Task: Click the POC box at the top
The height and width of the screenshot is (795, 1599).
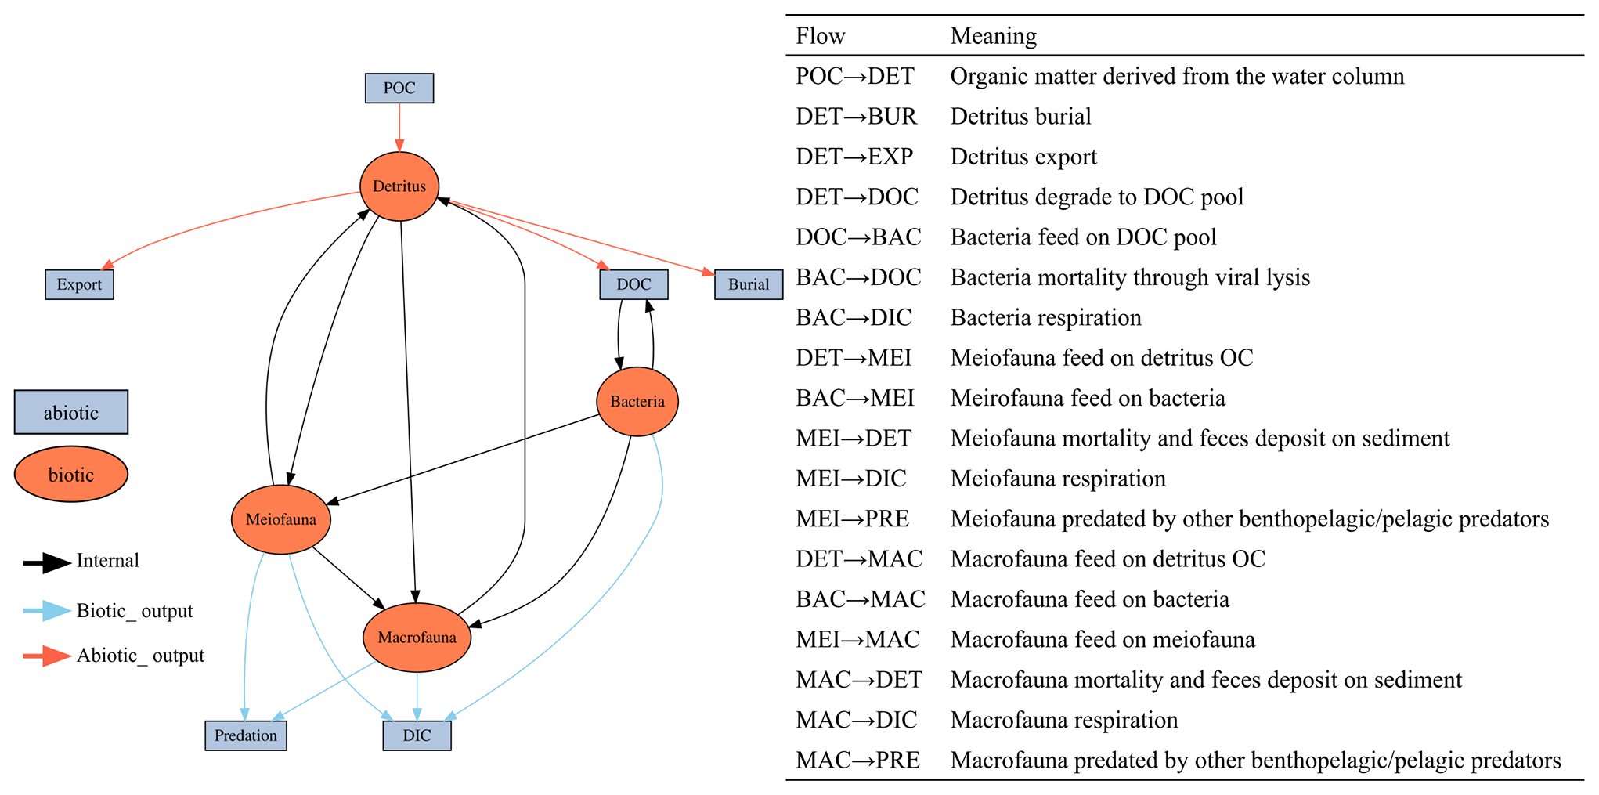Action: [399, 89]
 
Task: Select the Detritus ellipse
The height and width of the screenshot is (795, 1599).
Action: [399, 186]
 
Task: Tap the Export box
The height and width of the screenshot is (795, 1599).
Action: [79, 284]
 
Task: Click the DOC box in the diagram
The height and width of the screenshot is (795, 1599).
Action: [633, 284]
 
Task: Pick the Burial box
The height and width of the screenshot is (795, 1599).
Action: [749, 284]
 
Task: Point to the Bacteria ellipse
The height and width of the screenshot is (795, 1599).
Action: [637, 402]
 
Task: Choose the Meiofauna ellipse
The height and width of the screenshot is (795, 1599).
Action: [281, 519]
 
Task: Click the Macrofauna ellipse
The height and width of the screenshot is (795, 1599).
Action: [417, 638]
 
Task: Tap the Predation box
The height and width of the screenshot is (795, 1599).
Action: [246, 735]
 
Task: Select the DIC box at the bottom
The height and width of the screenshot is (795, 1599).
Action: [417, 735]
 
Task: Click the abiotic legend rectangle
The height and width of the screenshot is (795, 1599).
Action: [71, 413]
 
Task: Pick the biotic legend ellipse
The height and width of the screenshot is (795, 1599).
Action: [71, 475]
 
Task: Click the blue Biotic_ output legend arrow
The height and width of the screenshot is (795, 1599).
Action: [47, 611]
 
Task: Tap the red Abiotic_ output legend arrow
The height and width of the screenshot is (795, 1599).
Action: [47, 656]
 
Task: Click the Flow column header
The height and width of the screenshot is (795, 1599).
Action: [821, 36]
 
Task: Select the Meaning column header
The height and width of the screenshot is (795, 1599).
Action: [994, 36]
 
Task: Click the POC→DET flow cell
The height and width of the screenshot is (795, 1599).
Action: [855, 76]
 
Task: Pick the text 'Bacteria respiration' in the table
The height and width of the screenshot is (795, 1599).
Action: [1046, 318]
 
